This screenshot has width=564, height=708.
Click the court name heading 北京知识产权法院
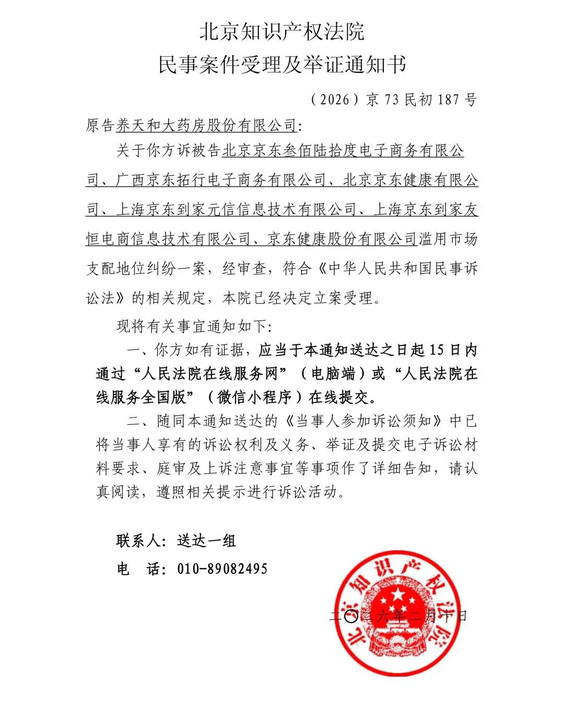[282, 32]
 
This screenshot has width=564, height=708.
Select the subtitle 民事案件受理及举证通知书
[282, 65]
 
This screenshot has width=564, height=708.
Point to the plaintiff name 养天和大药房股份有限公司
[206, 126]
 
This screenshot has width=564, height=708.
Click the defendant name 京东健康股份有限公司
[342, 239]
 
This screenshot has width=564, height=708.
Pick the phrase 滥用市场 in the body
[448, 239]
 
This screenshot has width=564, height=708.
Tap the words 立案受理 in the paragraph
[343, 298]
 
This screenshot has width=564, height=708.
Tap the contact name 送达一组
[207, 541]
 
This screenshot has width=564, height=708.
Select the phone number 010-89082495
[222, 568]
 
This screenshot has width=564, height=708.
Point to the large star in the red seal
[398, 595]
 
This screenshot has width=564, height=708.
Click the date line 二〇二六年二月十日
[398, 616]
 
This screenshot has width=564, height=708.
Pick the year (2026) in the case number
[335, 99]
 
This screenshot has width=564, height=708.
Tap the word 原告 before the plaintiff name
[100, 126]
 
